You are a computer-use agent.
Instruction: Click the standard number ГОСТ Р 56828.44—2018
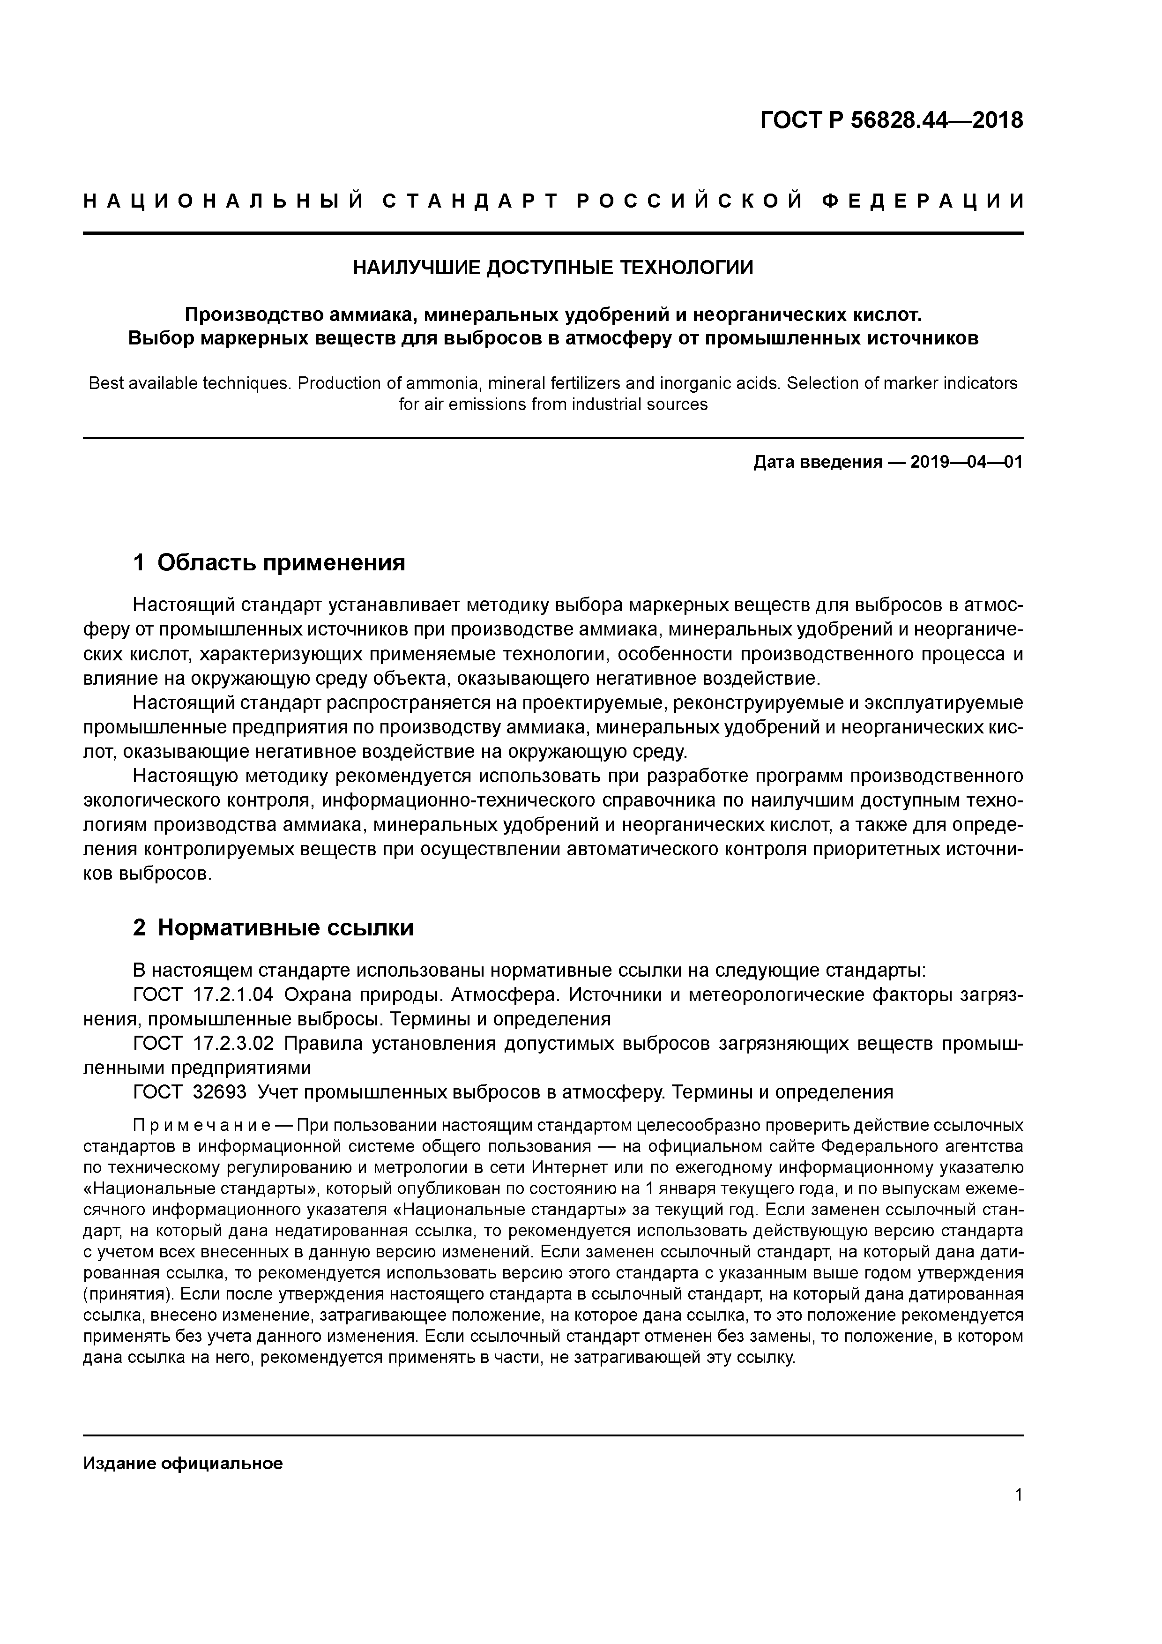point(891,121)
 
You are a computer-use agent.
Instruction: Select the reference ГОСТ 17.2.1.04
point(203,995)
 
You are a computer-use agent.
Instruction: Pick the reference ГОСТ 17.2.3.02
point(203,1044)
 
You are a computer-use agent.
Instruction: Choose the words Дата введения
point(817,463)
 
